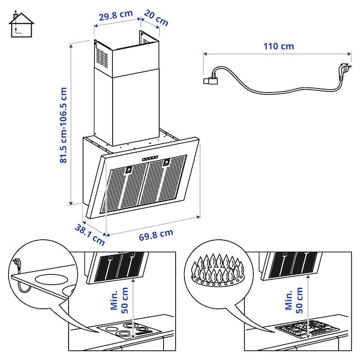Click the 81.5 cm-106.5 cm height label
(x=63, y=125)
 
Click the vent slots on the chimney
(x=101, y=59)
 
